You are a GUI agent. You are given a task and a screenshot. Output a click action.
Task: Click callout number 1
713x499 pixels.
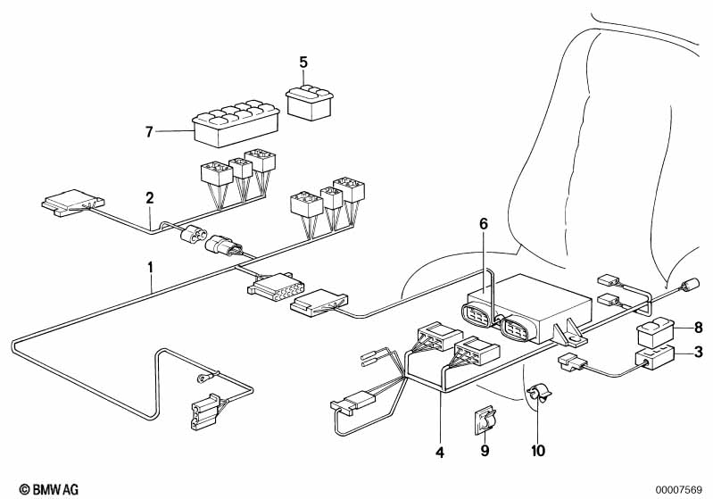(x=151, y=265)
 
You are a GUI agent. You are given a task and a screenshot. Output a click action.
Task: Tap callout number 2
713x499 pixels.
(x=150, y=196)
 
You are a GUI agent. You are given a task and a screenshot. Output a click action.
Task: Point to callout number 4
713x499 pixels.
(x=440, y=451)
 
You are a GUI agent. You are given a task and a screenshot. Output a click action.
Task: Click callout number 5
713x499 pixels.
(x=303, y=62)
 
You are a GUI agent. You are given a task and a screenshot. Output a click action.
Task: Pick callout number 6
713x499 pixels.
(x=484, y=227)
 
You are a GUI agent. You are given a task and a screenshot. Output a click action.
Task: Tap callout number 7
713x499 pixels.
(x=150, y=131)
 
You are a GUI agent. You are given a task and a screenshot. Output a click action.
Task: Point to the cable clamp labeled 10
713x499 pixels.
(x=538, y=393)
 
